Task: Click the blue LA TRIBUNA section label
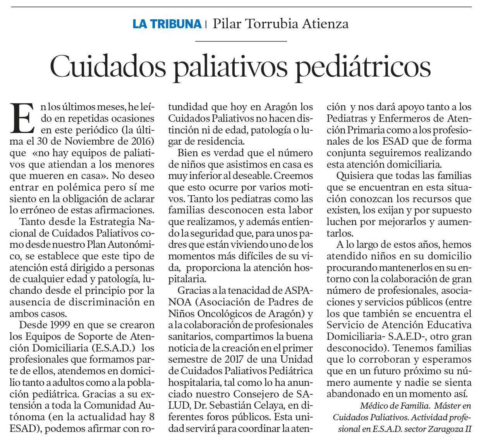167,24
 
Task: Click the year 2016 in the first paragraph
140,142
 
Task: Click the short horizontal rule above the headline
240,41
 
